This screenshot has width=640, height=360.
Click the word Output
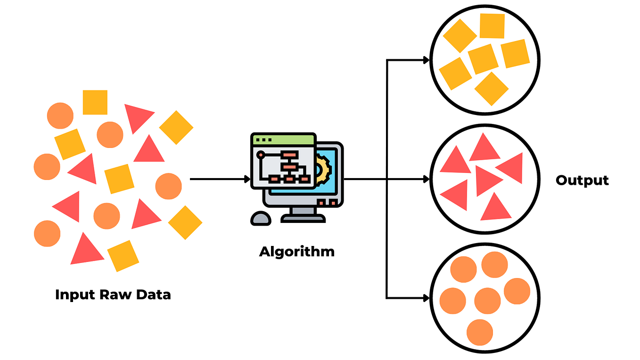click(582, 180)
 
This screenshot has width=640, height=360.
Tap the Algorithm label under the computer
click(296, 251)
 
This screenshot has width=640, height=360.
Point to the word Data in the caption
click(154, 295)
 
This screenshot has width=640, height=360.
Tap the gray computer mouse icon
click(261, 218)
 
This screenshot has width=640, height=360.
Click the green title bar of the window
click(283, 139)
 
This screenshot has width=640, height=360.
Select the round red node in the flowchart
click(260, 154)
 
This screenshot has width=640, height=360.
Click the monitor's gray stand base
click(303, 218)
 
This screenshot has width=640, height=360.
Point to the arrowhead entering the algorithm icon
click(247, 179)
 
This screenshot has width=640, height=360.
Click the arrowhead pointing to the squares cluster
click(426, 60)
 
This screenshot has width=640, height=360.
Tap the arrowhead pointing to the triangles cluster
click(426, 179)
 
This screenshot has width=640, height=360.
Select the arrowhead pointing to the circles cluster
click(426, 298)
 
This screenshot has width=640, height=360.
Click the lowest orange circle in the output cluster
click(480, 332)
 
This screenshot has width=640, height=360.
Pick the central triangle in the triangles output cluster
click(486, 180)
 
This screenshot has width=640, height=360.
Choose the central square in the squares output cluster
click(483, 59)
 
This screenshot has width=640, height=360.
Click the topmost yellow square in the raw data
click(95, 102)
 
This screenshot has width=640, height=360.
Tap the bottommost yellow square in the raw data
click(123, 256)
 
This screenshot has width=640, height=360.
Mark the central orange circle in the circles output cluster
click(487, 301)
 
